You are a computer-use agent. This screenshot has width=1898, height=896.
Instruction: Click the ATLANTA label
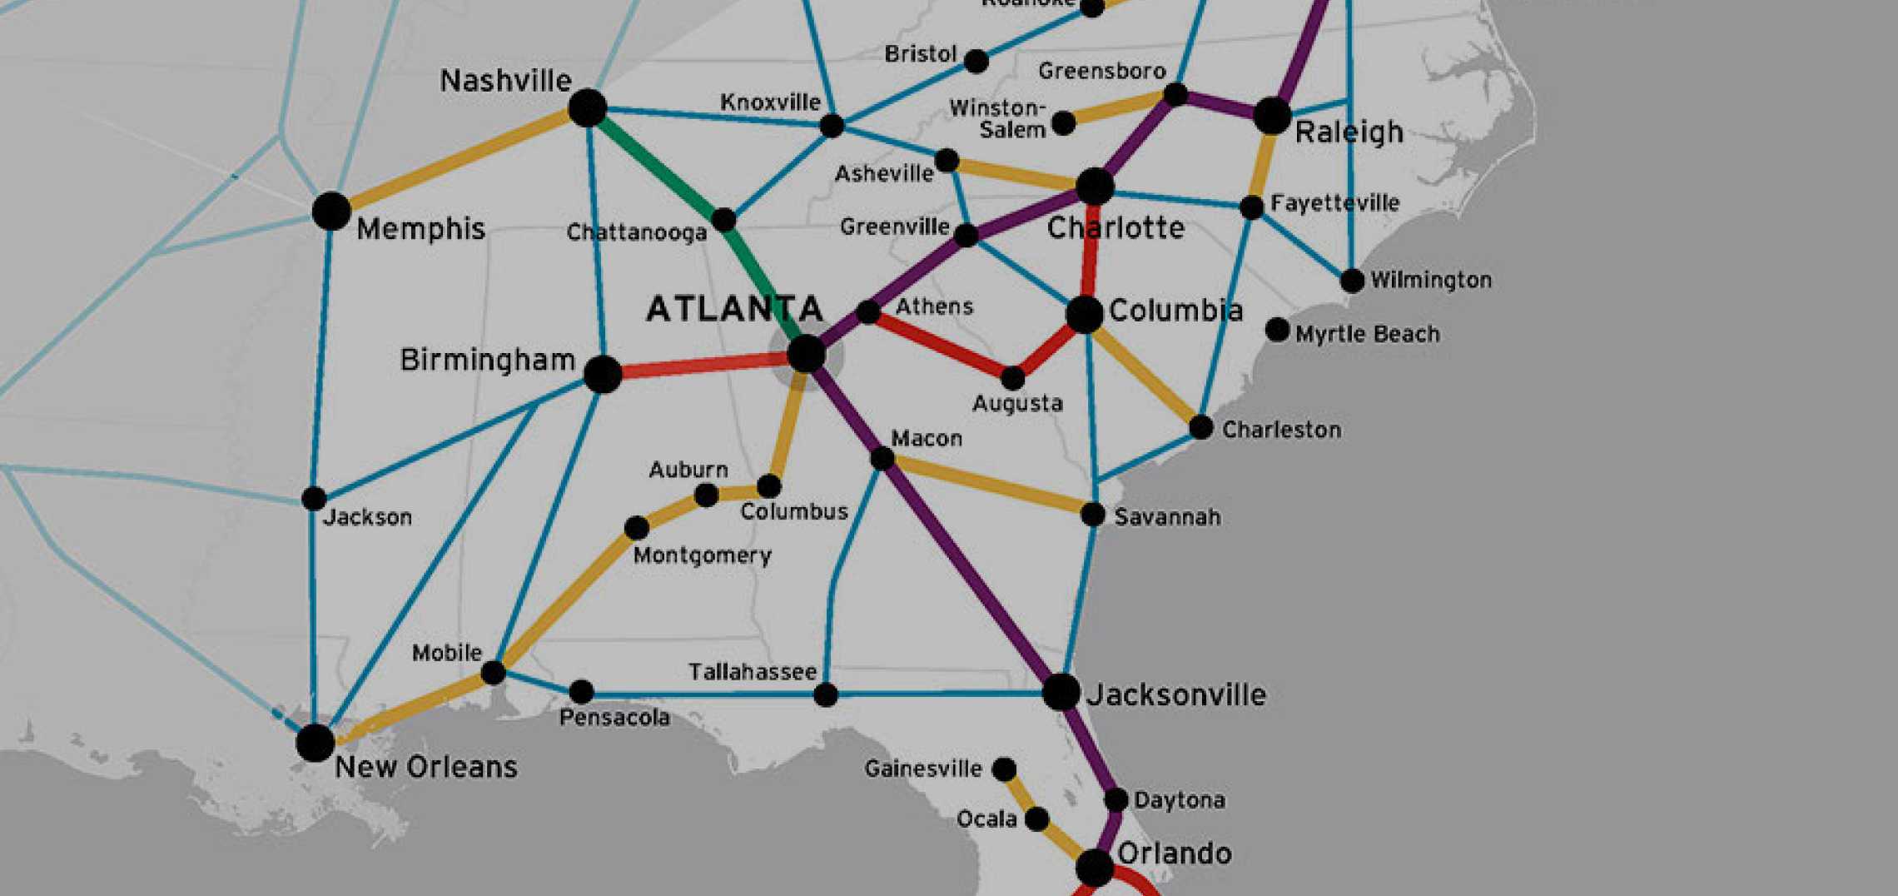tap(734, 309)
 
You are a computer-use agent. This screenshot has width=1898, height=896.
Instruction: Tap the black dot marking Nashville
tap(588, 108)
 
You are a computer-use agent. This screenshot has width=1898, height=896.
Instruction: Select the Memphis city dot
tap(331, 211)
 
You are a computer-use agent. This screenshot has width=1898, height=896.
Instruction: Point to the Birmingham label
tap(487, 360)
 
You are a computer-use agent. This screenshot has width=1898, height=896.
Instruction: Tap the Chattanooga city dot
tap(723, 220)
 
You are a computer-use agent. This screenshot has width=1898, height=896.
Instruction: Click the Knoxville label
tap(770, 102)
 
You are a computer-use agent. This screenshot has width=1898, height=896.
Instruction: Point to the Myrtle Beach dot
tap(1277, 330)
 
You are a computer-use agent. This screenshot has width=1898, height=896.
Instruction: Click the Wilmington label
tap(1430, 280)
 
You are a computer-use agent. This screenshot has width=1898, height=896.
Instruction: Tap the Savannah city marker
tap(1092, 515)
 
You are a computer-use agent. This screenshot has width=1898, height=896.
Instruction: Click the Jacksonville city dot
tap(1061, 692)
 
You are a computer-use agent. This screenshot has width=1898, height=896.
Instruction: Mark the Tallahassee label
tap(752, 672)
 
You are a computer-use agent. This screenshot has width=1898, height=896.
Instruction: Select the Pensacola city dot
tap(581, 691)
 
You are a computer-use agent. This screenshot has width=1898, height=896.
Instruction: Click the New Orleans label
tap(425, 767)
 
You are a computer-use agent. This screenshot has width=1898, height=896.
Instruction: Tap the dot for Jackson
tap(314, 499)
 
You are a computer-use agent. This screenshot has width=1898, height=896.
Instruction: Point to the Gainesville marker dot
tap(1005, 769)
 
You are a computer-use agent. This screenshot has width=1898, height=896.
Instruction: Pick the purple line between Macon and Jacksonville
tap(971, 575)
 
